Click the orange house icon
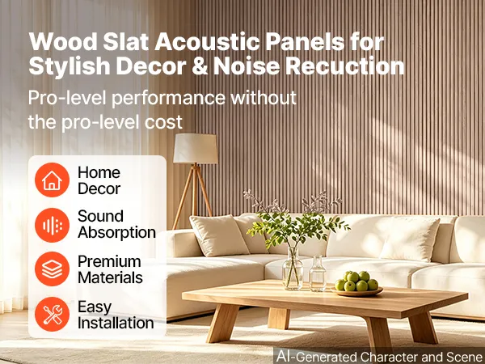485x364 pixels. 52,180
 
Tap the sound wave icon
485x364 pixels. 52,225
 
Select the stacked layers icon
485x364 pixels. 52,269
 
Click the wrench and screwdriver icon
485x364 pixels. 52,314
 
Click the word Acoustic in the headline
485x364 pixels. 207,42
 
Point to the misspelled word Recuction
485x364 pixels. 344,66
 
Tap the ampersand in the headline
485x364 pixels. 200,66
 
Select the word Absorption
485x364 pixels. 116,232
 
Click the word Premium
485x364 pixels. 109,261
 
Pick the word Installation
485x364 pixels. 116,323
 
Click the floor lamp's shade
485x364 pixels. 195,148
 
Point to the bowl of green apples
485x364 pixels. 357,284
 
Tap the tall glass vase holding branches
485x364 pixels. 293,268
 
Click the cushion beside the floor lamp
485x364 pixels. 219,235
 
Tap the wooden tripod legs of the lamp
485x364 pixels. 192,195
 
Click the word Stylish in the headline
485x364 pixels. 69,67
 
